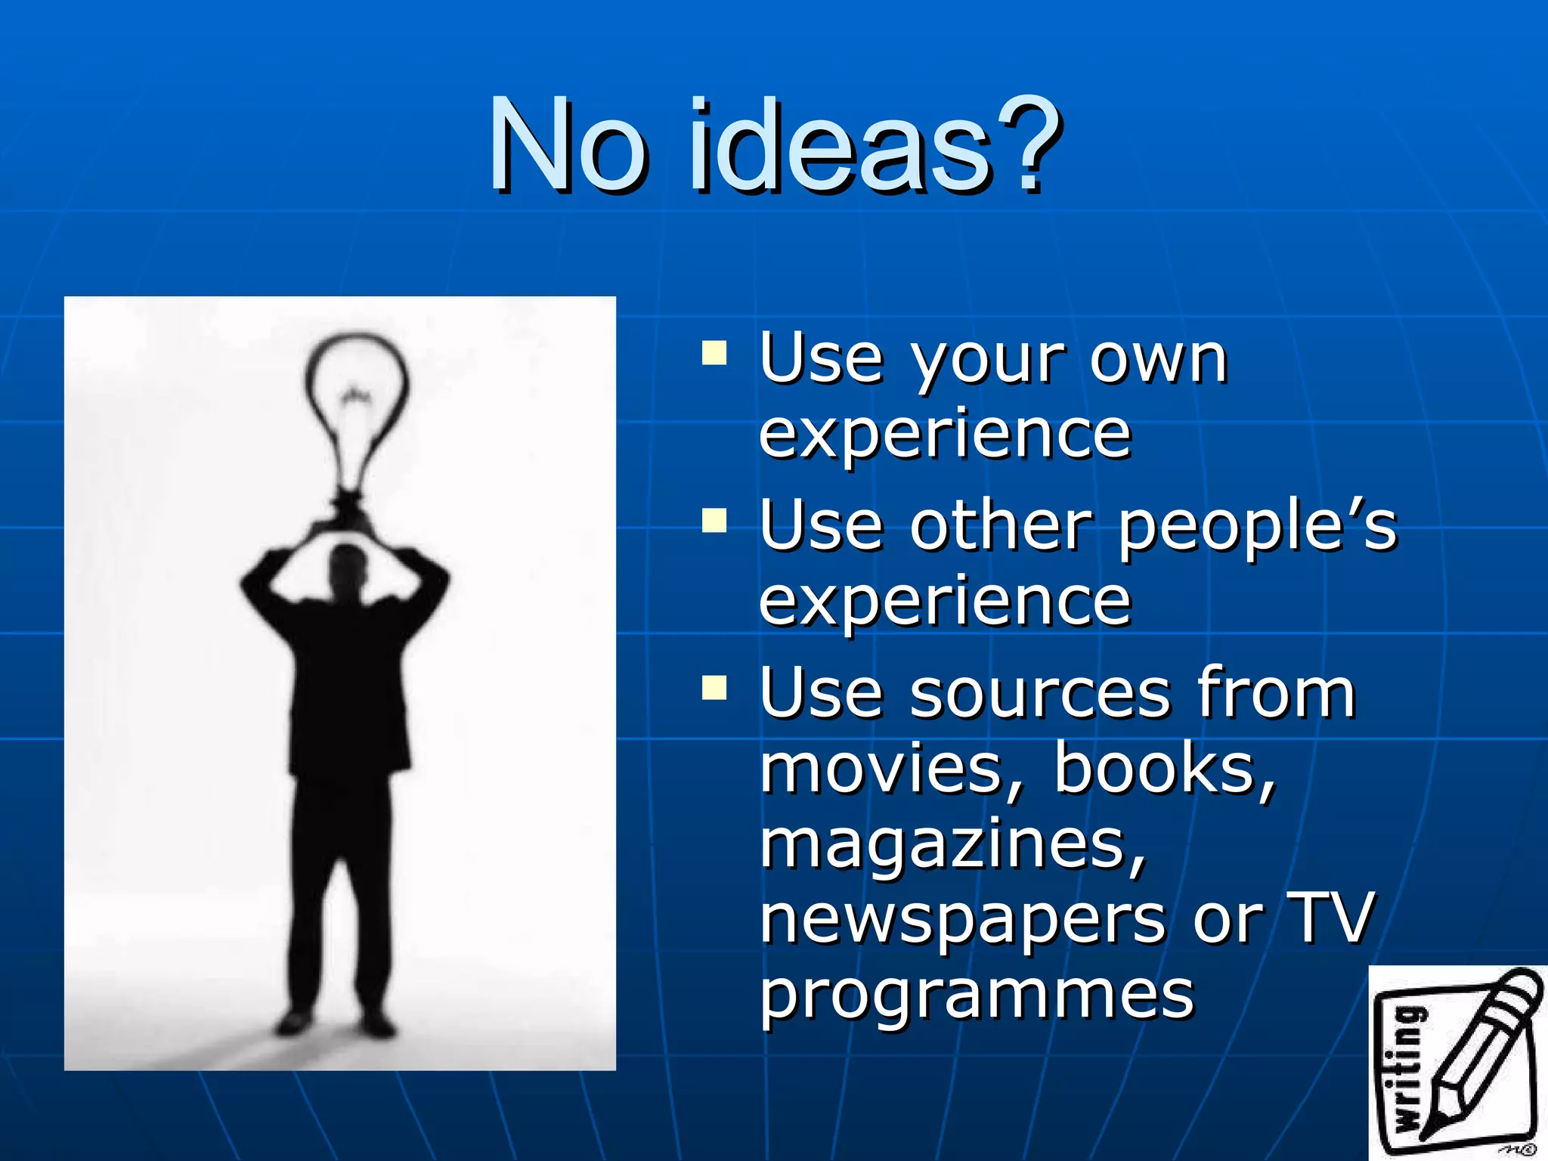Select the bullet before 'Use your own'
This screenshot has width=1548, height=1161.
tap(714, 354)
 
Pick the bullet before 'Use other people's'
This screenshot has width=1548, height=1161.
tap(714, 522)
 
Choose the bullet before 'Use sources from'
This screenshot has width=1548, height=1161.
tap(714, 689)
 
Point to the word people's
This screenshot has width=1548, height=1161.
tap(1258, 528)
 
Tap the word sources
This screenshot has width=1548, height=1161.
tap(1040, 694)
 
